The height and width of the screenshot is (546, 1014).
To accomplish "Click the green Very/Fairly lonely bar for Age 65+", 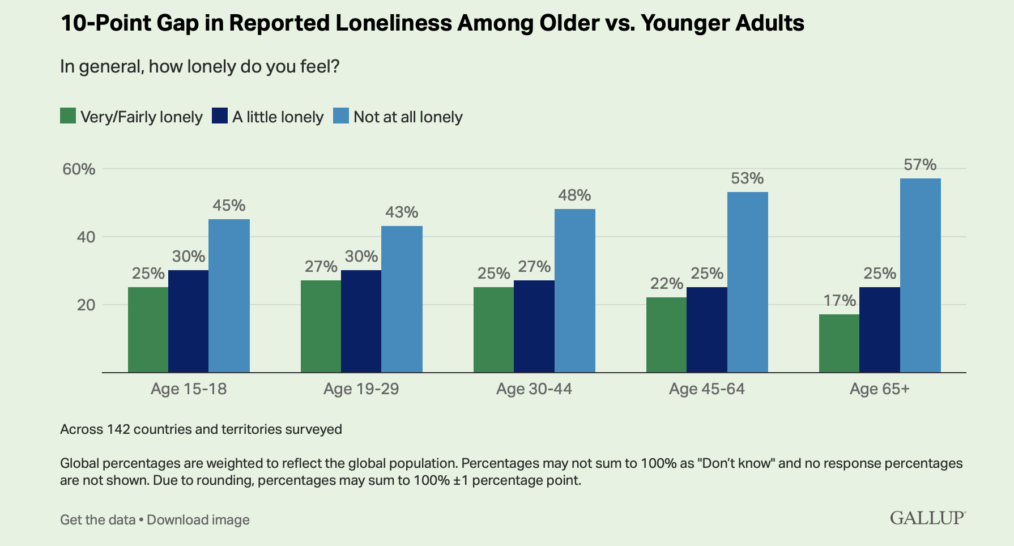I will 839,343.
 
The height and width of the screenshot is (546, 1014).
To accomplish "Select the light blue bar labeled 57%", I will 920,275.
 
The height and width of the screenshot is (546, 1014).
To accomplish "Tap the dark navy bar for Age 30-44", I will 534,326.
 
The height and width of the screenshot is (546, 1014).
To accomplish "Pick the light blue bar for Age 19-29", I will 402,299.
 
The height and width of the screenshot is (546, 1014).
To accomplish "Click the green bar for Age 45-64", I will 666,335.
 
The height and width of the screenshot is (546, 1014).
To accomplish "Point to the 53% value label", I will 747,178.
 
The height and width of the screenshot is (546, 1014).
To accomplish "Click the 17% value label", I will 839,300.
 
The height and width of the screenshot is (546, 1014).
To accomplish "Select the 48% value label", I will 574,195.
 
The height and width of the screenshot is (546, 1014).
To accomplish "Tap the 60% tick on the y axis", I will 79,169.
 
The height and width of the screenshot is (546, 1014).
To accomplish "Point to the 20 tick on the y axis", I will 86,305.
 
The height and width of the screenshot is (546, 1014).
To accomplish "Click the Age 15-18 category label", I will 189,389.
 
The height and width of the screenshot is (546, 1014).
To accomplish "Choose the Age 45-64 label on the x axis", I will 706,389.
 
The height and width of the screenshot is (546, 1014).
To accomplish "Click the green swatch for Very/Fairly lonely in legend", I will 68,116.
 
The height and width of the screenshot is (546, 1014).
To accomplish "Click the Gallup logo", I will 927,518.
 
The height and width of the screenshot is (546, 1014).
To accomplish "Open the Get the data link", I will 97,520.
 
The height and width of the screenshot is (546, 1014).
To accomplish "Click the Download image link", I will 198,520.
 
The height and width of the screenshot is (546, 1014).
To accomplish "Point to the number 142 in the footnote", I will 118,429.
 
